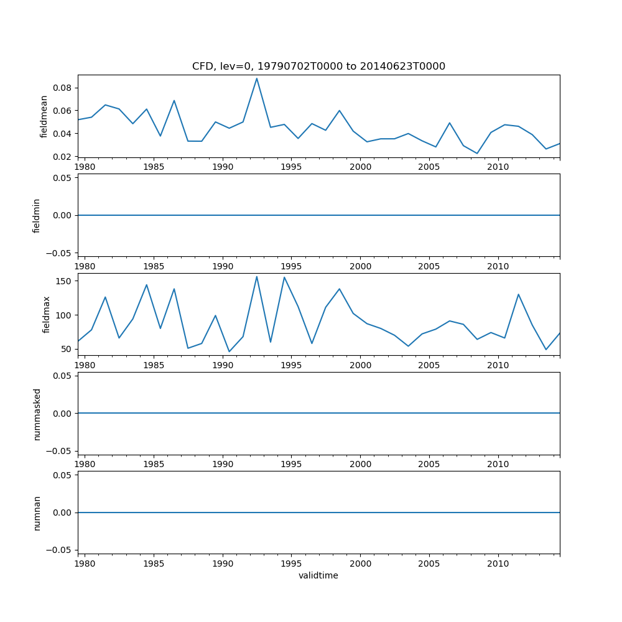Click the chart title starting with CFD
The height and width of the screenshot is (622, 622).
[318, 67]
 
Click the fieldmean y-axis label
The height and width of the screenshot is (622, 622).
[44, 116]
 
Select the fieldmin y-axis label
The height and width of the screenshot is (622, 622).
[37, 215]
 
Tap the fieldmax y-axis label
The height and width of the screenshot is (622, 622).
[46, 314]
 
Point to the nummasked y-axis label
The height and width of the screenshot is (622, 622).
[37, 414]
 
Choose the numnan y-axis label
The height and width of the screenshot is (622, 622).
[37, 513]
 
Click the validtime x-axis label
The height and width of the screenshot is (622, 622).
[318, 575]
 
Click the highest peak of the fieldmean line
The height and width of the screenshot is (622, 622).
[257, 78]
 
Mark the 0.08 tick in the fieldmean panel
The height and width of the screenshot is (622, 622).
[63, 88]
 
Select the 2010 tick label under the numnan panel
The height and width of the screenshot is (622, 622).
[498, 564]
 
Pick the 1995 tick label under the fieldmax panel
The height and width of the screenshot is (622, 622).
[292, 365]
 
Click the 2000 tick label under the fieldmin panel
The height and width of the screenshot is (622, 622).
[361, 266]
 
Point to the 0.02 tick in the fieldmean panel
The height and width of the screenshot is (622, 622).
[63, 157]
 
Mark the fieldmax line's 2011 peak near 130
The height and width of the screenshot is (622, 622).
[518, 294]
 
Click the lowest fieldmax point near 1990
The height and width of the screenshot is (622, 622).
[229, 352]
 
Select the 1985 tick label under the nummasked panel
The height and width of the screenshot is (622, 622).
[154, 464]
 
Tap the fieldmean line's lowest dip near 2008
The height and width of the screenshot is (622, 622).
[477, 154]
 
